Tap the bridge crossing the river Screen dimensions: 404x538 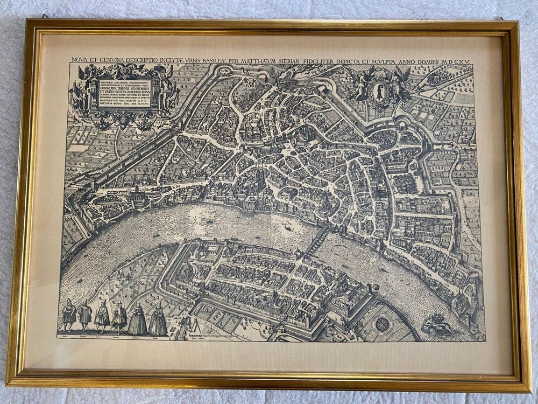point(317,243)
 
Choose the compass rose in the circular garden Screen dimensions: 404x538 point(383,324)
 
